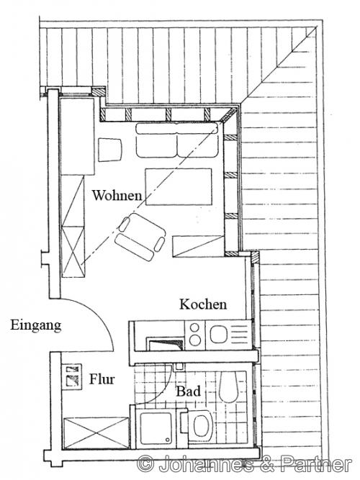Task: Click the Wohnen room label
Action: tap(116, 194)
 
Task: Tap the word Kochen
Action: tap(203, 304)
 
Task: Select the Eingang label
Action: tap(36, 325)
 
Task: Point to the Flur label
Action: tap(102, 378)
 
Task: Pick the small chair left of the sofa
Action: tap(109, 150)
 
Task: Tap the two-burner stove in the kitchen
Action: tap(196, 332)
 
